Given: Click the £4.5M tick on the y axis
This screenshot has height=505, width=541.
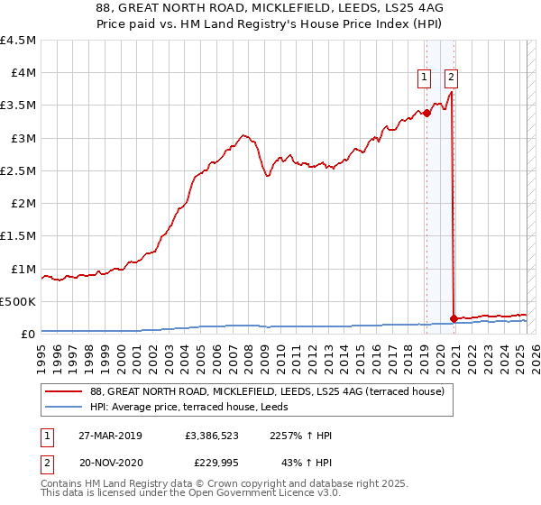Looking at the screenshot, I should (x=19, y=41).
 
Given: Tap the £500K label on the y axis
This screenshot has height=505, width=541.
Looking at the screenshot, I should (x=18, y=301).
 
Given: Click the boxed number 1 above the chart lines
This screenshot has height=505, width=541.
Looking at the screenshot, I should (x=423, y=78).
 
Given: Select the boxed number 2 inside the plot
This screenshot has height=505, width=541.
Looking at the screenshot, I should (x=450, y=78).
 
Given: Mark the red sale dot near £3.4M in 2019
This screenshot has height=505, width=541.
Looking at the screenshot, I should (x=426, y=113).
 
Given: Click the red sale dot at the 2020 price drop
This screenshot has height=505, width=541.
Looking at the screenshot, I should (x=453, y=318).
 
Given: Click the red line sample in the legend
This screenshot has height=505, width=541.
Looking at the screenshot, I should (x=64, y=392).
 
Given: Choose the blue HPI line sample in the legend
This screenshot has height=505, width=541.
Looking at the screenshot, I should (x=64, y=408).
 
